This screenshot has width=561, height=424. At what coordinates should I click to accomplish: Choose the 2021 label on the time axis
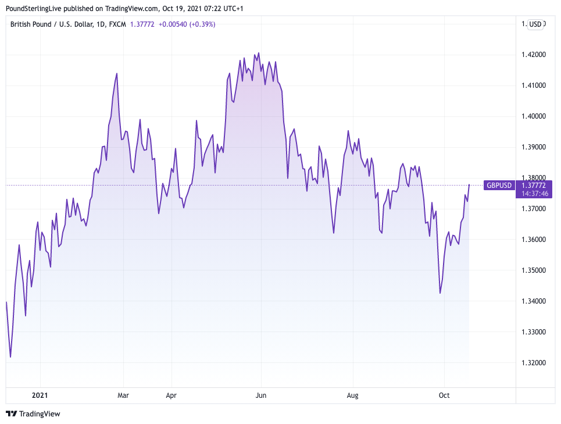pos(40,396)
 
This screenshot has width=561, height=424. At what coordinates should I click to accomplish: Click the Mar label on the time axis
pos(123,396)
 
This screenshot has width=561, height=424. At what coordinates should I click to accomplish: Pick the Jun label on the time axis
pos(261,396)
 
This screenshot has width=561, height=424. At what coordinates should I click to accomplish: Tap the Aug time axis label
pos(352,396)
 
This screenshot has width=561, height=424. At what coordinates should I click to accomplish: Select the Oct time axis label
pos(444,396)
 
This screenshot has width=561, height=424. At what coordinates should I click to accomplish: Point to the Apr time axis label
pos(171,396)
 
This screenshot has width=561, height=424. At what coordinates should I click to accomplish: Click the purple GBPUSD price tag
pos(499,185)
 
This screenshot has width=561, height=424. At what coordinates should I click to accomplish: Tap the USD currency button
pos(535,24)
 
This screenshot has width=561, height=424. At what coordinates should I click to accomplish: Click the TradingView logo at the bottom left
pos(33,414)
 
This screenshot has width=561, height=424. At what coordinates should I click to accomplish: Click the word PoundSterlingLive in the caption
pos(33,9)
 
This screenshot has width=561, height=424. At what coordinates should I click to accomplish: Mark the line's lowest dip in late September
pos(440,293)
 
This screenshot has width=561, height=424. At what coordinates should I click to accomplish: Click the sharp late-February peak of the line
pos(117,73)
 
